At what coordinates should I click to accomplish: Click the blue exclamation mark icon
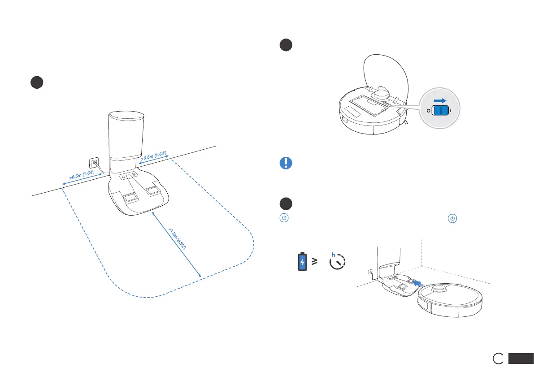[285, 163]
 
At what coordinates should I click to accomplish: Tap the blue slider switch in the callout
[439, 111]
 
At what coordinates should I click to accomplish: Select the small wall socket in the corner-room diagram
[370, 272]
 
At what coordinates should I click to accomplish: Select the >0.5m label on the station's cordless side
[154, 157]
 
